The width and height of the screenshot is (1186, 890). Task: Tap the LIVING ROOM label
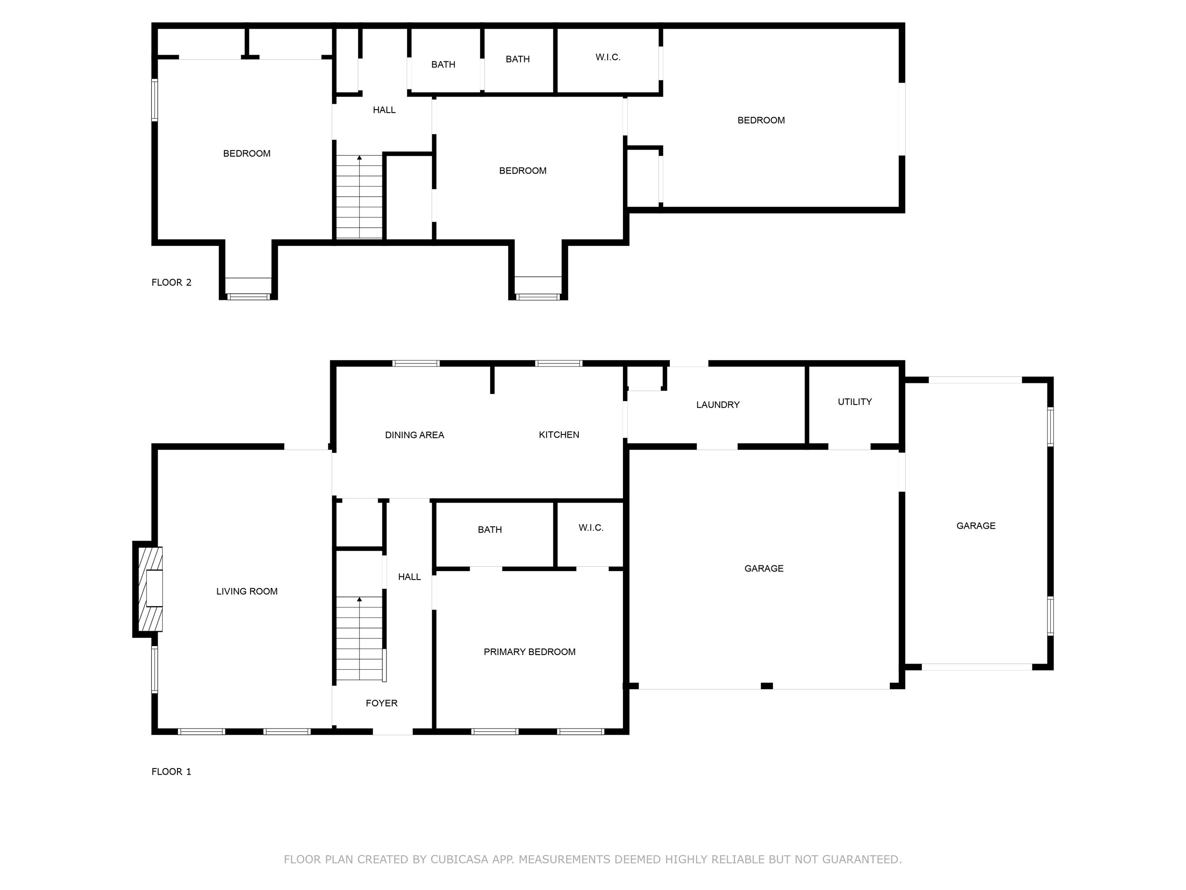[247, 591]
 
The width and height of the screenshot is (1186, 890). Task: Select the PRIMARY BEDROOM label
[529, 652]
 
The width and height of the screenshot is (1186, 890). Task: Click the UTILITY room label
[855, 402]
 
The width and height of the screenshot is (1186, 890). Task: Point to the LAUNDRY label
[718, 405]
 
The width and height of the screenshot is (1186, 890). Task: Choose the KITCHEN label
[559, 434]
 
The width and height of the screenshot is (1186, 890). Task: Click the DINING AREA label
[415, 435]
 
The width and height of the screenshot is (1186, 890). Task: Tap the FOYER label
[382, 703]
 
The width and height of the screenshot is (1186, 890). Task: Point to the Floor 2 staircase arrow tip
[359, 156]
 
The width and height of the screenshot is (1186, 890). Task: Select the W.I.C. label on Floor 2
[608, 57]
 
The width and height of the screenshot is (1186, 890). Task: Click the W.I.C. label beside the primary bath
[591, 528]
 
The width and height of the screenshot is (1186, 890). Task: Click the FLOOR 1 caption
[172, 772]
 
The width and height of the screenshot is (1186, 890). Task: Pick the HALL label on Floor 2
[384, 110]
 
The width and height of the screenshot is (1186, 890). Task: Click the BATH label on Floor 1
[490, 530]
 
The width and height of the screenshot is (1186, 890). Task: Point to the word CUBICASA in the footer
[459, 860]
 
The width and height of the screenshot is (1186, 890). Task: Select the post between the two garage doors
[767, 685]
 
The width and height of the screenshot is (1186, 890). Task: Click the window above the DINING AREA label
[416, 364]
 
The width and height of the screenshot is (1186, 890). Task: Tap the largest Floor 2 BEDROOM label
[761, 120]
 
